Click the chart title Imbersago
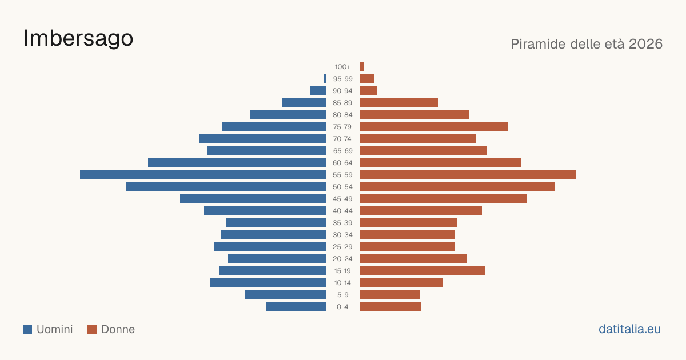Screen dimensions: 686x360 point(78,39)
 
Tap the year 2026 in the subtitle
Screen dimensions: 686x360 point(645,44)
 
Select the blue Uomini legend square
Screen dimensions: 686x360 point(27,329)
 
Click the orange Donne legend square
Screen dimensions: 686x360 point(92,329)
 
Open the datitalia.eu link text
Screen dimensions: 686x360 point(629,329)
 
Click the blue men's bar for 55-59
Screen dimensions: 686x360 point(203,174)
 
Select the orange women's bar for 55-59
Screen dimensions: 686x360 point(468,174)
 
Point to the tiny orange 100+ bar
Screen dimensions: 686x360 point(362,66)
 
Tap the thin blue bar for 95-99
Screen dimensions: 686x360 point(325,79)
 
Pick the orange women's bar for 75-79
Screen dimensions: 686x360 point(434,126)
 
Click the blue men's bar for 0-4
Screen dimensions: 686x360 point(296,306)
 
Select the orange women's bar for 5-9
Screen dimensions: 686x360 point(390,294)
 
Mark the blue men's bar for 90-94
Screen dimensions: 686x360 point(318,91)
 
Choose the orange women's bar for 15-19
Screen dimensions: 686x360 point(422,271)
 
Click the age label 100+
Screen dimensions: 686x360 point(342,67)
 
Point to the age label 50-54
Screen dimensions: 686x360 point(342,187)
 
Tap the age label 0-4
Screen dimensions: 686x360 point(342,307)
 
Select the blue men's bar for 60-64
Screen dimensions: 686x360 point(237,162)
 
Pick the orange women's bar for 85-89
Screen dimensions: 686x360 point(399,102)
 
